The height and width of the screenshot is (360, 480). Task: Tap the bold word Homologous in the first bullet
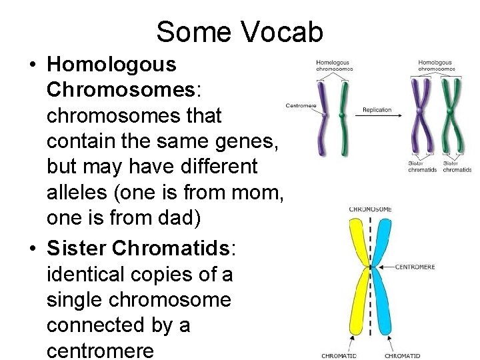coord(111,65)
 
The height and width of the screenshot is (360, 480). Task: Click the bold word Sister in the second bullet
coord(77,248)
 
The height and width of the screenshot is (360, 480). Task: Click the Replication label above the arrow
coord(377,110)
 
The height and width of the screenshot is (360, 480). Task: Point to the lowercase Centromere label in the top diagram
coord(301,106)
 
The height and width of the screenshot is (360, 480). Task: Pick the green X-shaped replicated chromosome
coord(451,117)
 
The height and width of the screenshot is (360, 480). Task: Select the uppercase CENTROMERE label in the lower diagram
coord(415,267)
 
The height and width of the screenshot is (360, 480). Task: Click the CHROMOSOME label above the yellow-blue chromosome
coord(370,210)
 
